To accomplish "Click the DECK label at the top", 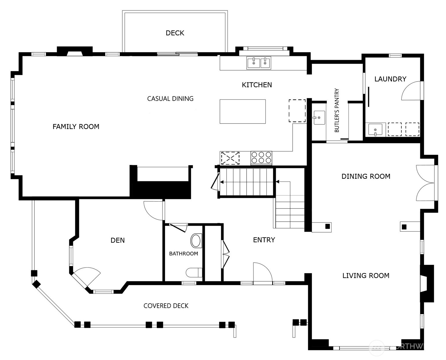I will pyautogui.click(x=175, y=33).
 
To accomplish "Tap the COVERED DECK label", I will pyautogui.click(x=166, y=306).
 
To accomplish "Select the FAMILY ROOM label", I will pyautogui.click(x=76, y=127).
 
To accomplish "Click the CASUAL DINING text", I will pyautogui.click(x=170, y=99).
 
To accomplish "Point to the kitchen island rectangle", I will pyautogui.click(x=243, y=111).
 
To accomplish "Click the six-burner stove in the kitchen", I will pyautogui.click(x=261, y=158).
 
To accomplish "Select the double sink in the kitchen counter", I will pyautogui.click(x=259, y=63).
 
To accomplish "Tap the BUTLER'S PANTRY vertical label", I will pyautogui.click(x=337, y=110).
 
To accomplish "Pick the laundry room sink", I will pyautogui.click(x=375, y=130).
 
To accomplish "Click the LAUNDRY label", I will pyautogui.click(x=390, y=79).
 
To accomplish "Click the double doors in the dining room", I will pyautogui.click(x=425, y=183).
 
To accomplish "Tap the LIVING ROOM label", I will pyautogui.click(x=366, y=276).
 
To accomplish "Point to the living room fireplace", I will pyautogui.click(x=427, y=283).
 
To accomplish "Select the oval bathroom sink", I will pyautogui.click(x=196, y=241).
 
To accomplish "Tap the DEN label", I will pyautogui.click(x=118, y=240).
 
